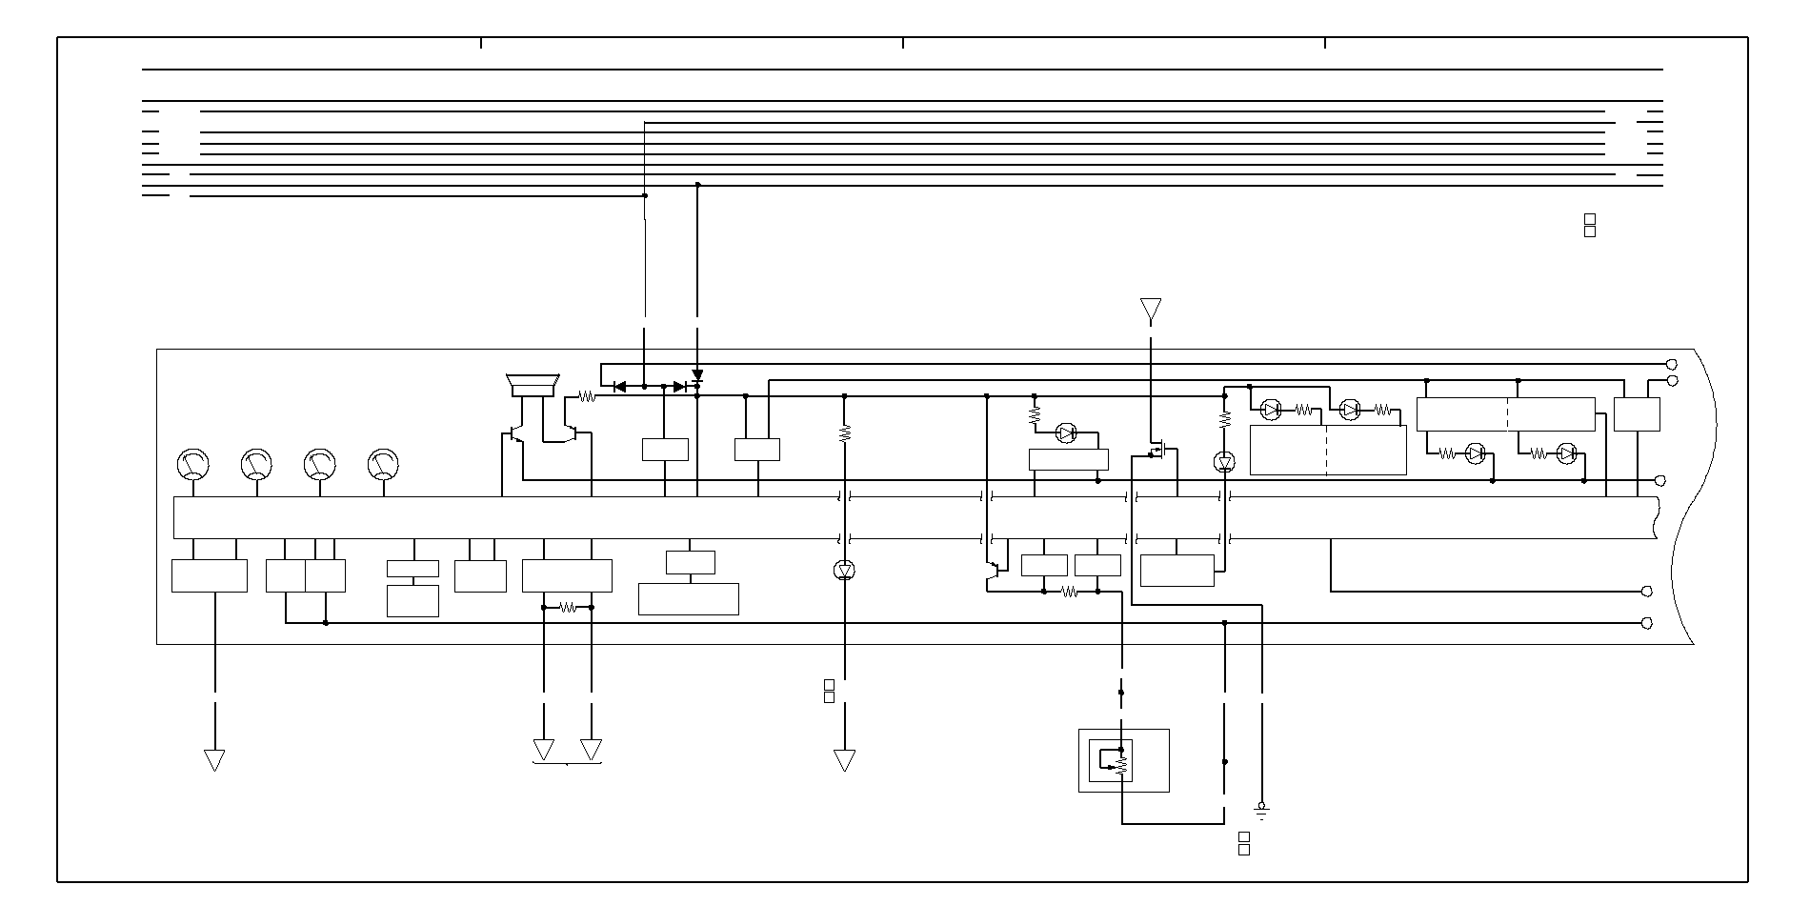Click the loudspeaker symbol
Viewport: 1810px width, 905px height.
coord(533,385)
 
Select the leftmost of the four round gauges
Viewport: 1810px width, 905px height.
coord(193,464)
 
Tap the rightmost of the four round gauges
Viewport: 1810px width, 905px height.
coord(383,464)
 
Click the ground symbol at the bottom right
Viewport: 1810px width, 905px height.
coord(1262,813)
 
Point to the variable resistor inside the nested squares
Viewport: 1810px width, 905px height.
coord(1121,762)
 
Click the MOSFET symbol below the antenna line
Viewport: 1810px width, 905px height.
coord(1159,450)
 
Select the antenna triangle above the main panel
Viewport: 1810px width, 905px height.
coord(1151,310)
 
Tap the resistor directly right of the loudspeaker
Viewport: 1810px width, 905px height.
coord(587,396)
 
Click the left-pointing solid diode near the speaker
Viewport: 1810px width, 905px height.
coord(619,387)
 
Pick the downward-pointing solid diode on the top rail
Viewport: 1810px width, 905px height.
coord(697,376)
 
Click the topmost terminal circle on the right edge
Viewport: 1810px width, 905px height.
coord(1671,365)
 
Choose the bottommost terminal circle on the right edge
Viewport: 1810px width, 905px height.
coord(1647,623)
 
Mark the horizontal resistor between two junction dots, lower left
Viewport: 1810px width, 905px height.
coord(568,607)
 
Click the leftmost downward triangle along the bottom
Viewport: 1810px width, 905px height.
coord(214,760)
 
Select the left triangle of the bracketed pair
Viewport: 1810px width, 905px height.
coord(543,750)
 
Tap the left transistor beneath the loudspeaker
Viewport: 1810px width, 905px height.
coord(515,434)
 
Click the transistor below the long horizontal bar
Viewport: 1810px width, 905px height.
coord(992,571)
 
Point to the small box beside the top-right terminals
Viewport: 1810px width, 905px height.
coord(1637,414)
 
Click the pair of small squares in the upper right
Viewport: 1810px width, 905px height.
coord(1589,226)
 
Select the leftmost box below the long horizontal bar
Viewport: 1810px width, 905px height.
coord(209,575)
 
